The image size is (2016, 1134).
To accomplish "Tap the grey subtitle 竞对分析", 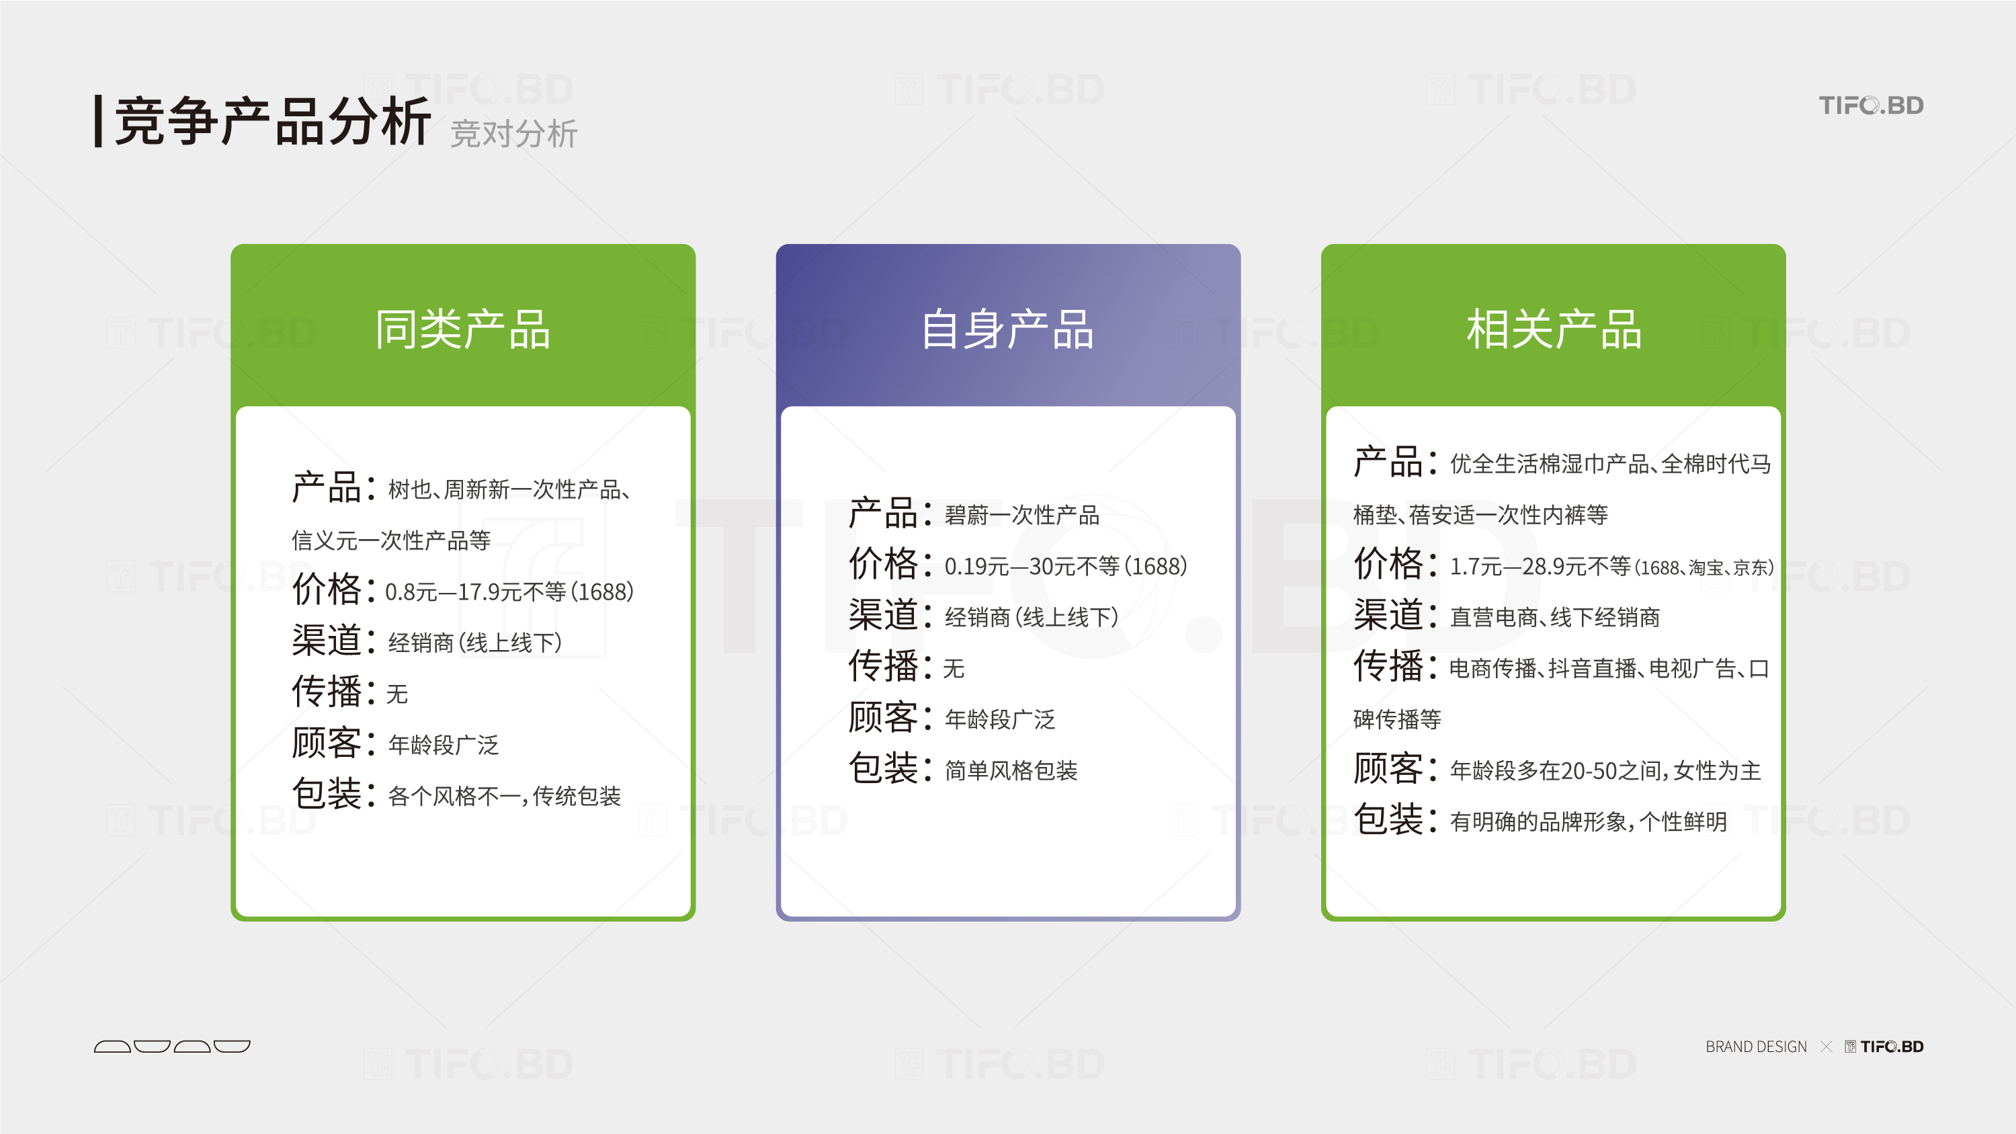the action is click(x=513, y=134).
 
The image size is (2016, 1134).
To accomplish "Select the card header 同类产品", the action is click(x=462, y=329).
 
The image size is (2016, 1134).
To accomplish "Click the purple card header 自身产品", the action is click(x=1007, y=329).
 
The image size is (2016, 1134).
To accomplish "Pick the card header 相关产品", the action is click(x=1554, y=329).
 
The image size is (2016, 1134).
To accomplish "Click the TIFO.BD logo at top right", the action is click(x=1870, y=105).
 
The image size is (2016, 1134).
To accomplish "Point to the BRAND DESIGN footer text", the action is click(x=1756, y=1047).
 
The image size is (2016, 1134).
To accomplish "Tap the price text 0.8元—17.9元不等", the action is click(x=476, y=592).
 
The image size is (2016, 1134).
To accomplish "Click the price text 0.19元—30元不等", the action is click(x=1032, y=566).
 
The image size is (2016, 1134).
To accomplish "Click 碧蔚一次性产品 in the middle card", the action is click(x=1022, y=515).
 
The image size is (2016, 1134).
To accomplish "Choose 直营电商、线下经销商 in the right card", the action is click(x=1555, y=618).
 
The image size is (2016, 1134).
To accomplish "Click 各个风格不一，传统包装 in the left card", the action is click(x=505, y=796).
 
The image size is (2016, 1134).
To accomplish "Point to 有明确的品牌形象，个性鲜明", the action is click(x=1589, y=821).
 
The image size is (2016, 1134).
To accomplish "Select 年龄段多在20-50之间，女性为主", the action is click(x=1606, y=771).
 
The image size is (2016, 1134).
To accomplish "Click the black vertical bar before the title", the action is click(x=99, y=121).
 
